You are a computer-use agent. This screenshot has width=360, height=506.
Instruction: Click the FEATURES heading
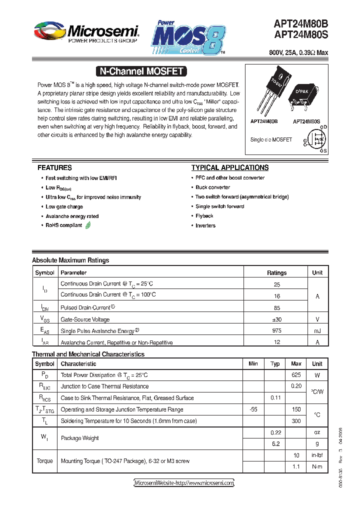54,168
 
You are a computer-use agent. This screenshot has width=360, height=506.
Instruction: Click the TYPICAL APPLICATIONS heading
230,168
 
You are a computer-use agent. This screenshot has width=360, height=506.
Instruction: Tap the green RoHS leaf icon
88,225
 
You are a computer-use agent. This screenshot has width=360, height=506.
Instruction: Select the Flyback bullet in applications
204,216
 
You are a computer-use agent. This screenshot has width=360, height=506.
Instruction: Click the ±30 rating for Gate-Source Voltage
276,319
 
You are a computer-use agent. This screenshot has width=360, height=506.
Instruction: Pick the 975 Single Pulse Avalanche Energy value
276,330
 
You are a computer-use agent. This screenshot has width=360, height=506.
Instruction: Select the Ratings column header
276,273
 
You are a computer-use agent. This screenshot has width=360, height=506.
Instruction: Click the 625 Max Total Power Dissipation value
296,375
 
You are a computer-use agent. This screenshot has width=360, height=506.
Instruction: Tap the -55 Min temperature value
253,409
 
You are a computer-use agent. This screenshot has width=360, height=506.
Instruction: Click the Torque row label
44,461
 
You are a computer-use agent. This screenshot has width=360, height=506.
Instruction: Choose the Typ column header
275,364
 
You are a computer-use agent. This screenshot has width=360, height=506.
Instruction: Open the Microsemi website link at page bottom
184,483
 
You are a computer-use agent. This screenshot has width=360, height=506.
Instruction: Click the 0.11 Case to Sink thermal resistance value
275,398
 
